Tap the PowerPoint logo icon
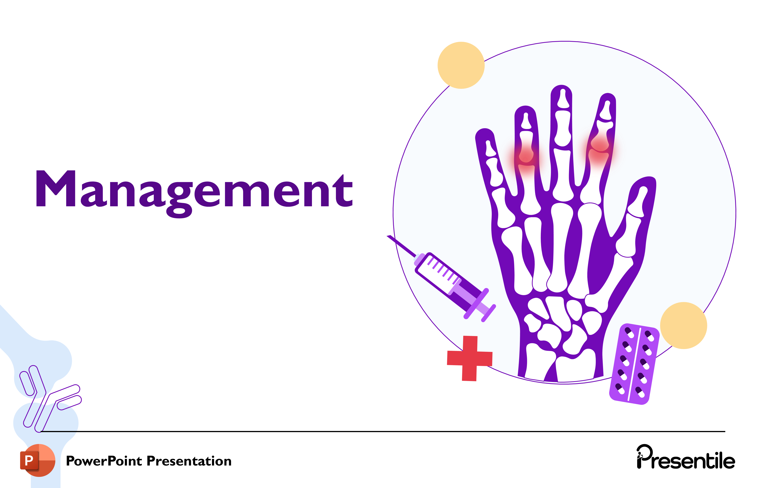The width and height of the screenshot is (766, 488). pyautogui.click(x=38, y=460)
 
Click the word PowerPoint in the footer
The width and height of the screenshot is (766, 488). pyautogui.click(x=104, y=461)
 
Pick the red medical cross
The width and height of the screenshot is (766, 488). pyautogui.click(x=470, y=358)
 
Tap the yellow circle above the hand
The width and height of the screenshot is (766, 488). pyautogui.click(x=461, y=65)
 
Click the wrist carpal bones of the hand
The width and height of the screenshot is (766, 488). pyautogui.click(x=560, y=324)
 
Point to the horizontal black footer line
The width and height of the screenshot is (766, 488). pyautogui.click(x=382, y=431)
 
